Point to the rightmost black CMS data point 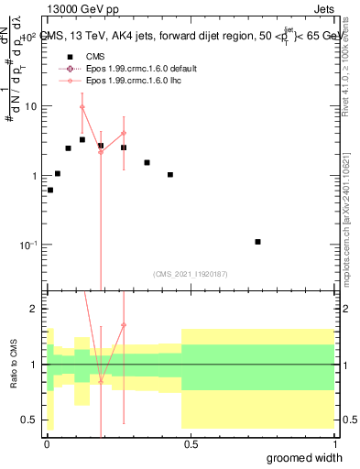257,242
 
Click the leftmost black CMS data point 49,191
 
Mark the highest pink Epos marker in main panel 82,107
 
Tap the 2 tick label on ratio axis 37,310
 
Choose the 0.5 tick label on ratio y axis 33,420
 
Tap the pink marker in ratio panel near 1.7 124,324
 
